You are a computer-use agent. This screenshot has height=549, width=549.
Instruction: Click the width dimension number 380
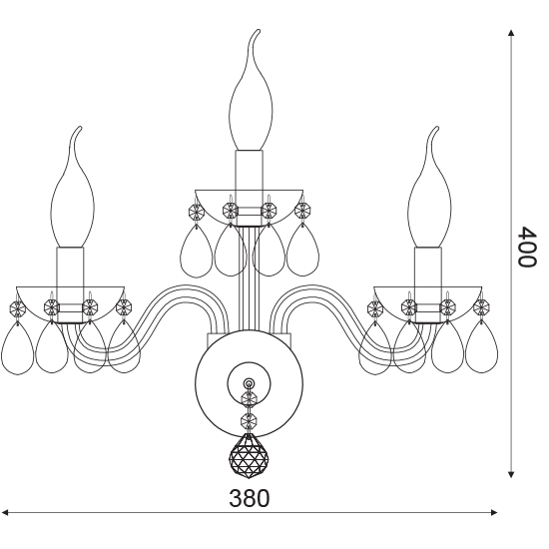(x=250, y=498)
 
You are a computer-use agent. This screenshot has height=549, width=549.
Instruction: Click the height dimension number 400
(x=527, y=248)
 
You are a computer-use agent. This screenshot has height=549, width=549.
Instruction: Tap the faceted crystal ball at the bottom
(x=249, y=456)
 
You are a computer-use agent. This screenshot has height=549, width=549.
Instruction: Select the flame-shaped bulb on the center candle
(x=249, y=90)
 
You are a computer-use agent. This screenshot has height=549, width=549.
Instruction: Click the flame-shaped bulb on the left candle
(x=73, y=187)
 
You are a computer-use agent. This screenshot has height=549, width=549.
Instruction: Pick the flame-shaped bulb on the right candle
(x=429, y=187)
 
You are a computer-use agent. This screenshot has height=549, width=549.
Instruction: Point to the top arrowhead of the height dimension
(x=511, y=33)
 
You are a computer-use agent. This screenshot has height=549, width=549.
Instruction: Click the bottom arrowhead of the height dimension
(x=511, y=474)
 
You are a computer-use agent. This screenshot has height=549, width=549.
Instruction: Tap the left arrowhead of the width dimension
(x=5, y=513)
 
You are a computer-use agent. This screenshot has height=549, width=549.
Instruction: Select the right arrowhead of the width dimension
(x=494, y=513)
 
